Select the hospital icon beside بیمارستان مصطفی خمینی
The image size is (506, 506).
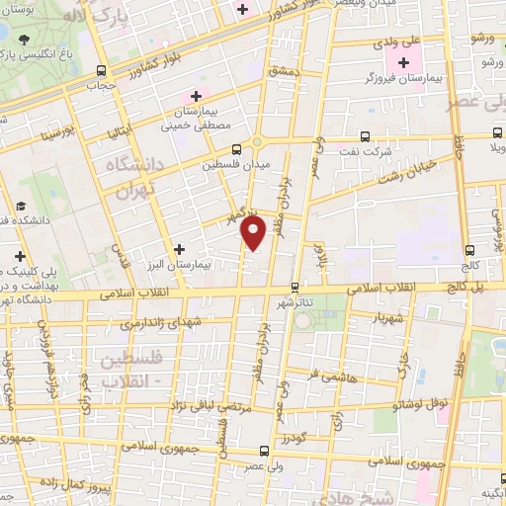tap(196, 96)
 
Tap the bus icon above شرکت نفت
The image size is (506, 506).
tap(365, 137)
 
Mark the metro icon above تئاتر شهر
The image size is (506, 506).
tap(294, 288)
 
